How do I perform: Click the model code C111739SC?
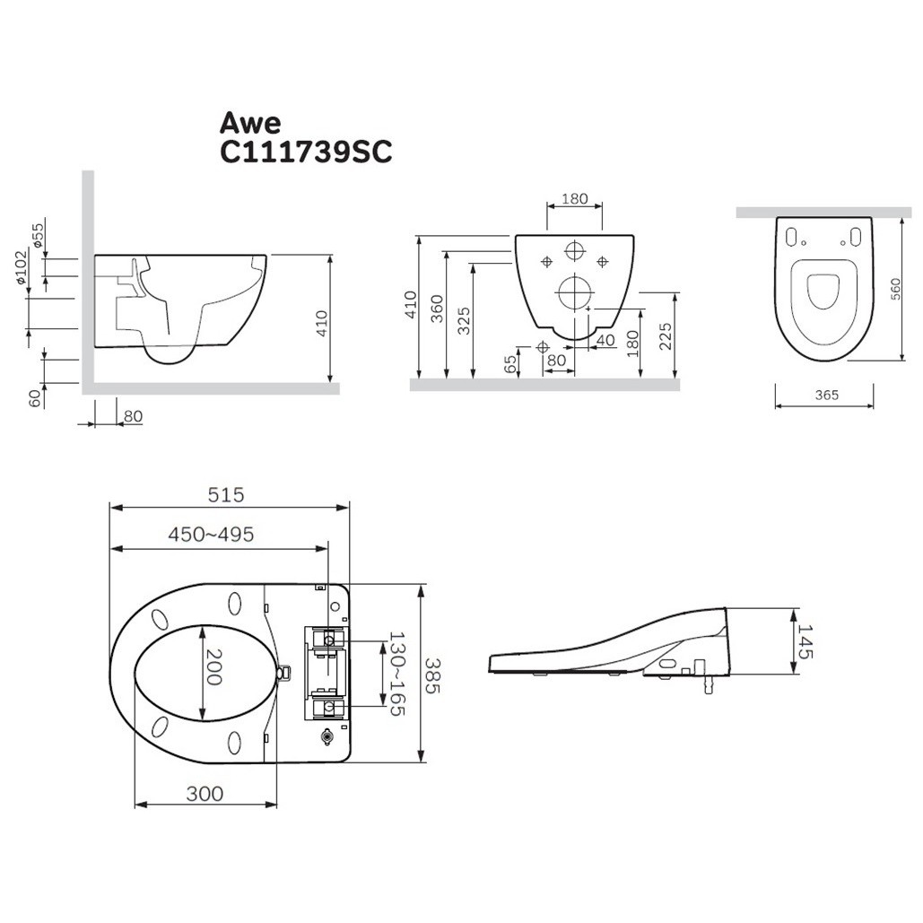(306, 152)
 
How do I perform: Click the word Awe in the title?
(250, 123)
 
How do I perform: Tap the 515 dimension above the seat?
(225, 494)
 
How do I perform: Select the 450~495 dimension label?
(211, 534)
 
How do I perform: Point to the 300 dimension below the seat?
(205, 794)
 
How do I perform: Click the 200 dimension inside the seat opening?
(213, 667)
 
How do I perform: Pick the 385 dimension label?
(431, 675)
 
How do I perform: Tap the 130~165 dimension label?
(396, 674)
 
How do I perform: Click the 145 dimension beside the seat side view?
(804, 641)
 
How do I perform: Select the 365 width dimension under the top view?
(826, 395)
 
